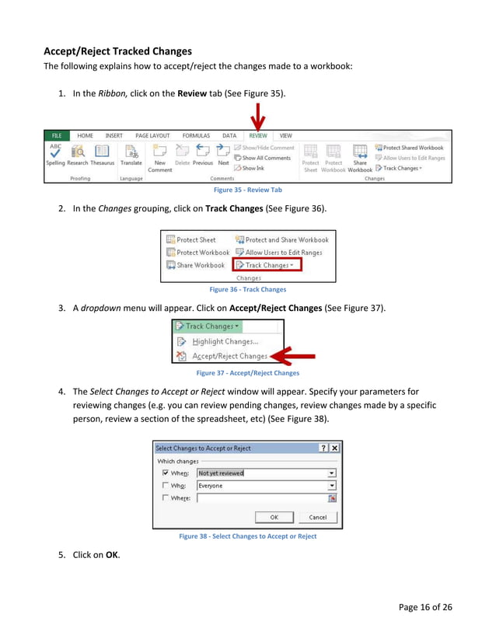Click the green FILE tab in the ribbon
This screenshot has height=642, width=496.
click(57, 135)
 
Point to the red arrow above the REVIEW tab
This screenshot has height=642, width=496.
click(257, 119)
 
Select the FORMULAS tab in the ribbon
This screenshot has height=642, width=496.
click(196, 135)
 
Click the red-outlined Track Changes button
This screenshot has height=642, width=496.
click(267, 265)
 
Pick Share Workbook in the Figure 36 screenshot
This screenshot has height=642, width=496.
click(195, 265)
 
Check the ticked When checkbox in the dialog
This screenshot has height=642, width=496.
click(165, 473)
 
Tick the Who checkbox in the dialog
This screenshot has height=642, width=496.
click(165, 486)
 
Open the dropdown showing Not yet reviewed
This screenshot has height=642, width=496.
click(332, 473)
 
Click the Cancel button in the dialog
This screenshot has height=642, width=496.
click(317, 517)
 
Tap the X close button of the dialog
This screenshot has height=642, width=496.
click(334, 448)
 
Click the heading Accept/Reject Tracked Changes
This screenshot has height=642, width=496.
click(117, 51)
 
